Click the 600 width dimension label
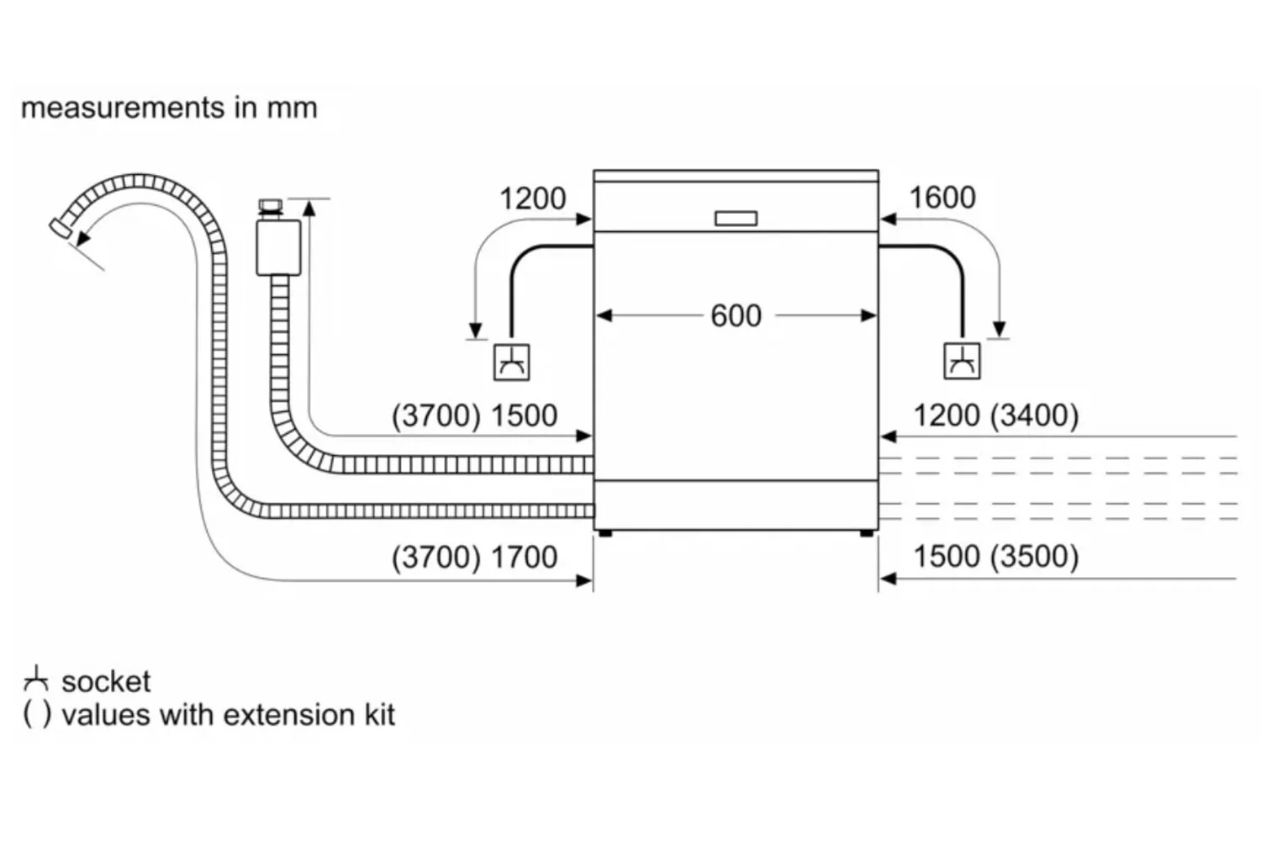pyautogui.click(x=736, y=316)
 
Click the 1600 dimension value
pyautogui.click(x=942, y=198)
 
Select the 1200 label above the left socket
pyautogui.click(x=532, y=198)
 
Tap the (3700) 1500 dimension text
pyautogui.click(x=474, y=415)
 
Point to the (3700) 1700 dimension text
pyautogui.click(x=474, y=557)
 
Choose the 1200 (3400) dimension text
pyautogui.click(x=995, y=415)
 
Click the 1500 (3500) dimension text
pyautogui.click(x=995, y=557)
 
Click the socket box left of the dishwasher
pyautogui.click(x=511, y=362)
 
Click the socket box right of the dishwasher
pyautogui.click(x=962, y=362)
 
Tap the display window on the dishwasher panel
pyautogui.click(x=736, y=219)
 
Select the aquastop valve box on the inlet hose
pyautogui.click(x=278, y=246)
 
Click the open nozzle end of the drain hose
pyautogui.click(x=60, y=227)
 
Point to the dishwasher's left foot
pyautogui.click(x=604, y=533)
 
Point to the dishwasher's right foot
pyautogui.click(x=866, y=533)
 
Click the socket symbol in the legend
pyautogui.click(x=35, y=679)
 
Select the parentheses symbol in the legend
pyautogui.click(x=36, y=714)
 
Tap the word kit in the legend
pyautogui.click(x=379, y=715)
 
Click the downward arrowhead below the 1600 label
pyautogui.click(x=999, y=330)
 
